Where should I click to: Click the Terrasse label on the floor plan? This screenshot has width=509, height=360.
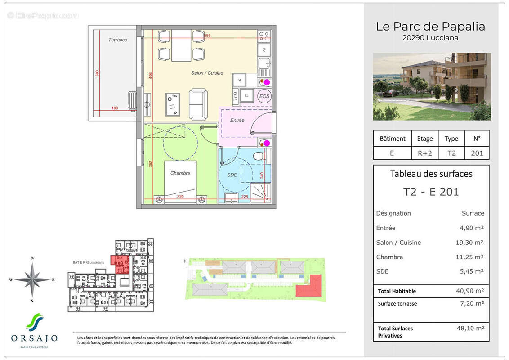(118, 40)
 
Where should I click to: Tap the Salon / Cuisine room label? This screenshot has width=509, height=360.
(207, 73)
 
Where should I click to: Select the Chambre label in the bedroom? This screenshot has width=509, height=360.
(180, 173)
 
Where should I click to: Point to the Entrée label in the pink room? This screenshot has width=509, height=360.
(237, 120)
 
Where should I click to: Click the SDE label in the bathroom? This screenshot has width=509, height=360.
(232, 175)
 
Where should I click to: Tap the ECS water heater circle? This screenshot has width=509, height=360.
(264, 96)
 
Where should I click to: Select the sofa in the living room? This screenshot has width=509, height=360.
(198, 104)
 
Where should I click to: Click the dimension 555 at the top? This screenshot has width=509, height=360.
(207, 36)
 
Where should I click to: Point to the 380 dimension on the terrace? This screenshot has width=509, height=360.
(97, 73)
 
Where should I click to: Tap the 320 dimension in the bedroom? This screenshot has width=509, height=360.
(180, 197)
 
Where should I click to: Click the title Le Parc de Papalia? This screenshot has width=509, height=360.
(430, 27)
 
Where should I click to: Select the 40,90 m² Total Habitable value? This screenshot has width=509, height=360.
(469, 291)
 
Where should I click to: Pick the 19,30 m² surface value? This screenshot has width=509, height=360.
(469, 243)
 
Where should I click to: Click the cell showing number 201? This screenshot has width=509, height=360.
(477, 153)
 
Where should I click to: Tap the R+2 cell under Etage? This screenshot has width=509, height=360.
(424, 153)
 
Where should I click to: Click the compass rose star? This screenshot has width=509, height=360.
(32, 279)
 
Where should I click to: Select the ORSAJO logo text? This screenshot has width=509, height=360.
(34, 338)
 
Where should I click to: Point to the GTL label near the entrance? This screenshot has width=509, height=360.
(235, 96)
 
